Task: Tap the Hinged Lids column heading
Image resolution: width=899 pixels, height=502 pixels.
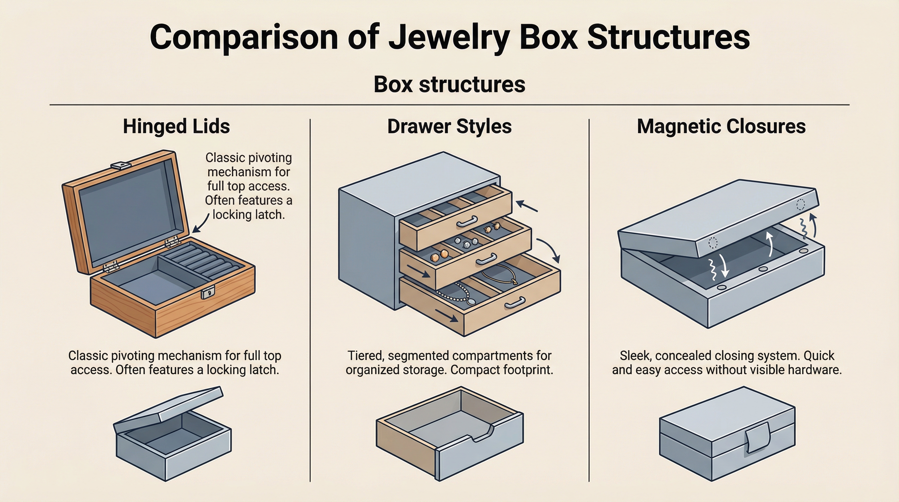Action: tap(176, 126)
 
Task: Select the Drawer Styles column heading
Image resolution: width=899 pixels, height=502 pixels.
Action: tap(449, 126)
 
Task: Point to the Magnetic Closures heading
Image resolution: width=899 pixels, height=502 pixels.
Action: tap(721, 126)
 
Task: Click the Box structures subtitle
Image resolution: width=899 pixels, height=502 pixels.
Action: tap(449, 84)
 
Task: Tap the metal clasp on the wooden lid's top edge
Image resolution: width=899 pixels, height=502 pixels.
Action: tap(121, 165)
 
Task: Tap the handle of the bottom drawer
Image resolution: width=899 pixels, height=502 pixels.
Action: tap(515, 303)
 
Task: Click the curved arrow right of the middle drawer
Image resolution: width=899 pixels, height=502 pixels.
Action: tap(550, 249)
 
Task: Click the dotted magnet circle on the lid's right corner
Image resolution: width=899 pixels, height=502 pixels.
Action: tap(801, 204)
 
